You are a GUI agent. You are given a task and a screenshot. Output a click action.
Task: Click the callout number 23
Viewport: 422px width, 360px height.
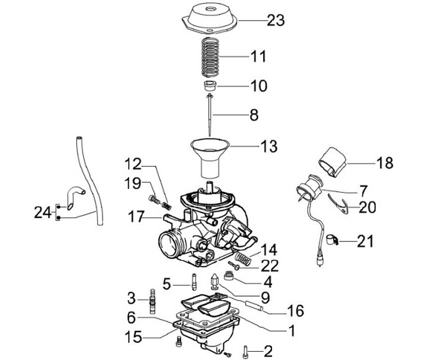click(275, 21)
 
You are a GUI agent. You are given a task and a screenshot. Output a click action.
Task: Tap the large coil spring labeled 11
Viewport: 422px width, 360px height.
click(210, 56)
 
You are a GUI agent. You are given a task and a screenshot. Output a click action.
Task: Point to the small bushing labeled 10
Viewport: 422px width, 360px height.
click(210, 86)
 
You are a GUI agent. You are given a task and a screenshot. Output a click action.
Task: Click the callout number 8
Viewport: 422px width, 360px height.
click(254, 115)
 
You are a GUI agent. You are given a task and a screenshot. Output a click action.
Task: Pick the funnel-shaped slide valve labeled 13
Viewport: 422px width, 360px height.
click(210, 158)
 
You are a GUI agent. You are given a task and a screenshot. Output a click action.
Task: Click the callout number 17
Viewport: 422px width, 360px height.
click(136, 217)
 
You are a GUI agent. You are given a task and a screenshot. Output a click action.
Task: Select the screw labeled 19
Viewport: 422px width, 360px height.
click(154, 199)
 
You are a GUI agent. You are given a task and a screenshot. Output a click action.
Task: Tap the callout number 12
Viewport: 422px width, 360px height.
click(133, 164)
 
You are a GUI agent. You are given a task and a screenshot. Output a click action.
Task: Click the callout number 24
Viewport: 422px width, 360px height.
click(43, 212)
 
